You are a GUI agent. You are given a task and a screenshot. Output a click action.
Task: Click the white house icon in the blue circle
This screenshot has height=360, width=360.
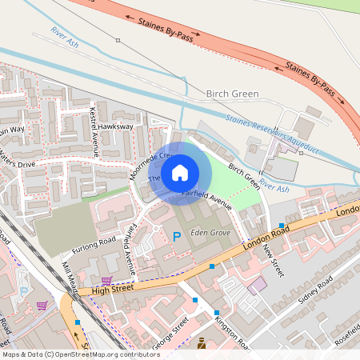point(180,173)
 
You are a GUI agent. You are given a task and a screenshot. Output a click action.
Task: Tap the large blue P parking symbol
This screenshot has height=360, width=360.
point(177,236)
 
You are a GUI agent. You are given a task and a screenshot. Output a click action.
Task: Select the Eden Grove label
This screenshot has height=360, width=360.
point(210,233)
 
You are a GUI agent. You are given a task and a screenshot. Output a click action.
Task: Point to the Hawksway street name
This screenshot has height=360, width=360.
point(116,126)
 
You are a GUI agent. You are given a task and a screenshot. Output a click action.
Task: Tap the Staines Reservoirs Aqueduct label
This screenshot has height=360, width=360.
point(271,134)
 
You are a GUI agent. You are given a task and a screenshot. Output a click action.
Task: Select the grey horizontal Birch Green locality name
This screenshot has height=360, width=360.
point(233,94)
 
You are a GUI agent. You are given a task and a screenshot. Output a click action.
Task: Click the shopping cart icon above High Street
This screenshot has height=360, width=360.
point(106,280)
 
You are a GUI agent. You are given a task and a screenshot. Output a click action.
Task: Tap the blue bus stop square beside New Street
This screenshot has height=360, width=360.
point(282,226)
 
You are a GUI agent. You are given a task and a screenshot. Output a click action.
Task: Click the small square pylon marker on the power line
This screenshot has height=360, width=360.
point(118,40)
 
